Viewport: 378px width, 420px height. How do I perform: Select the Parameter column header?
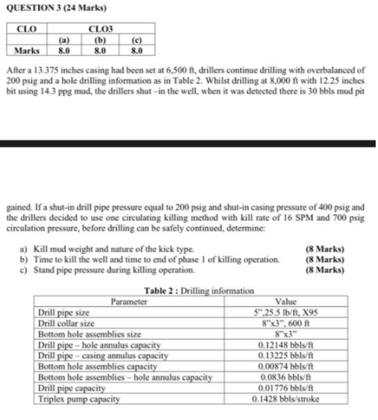tap(129, 300)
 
